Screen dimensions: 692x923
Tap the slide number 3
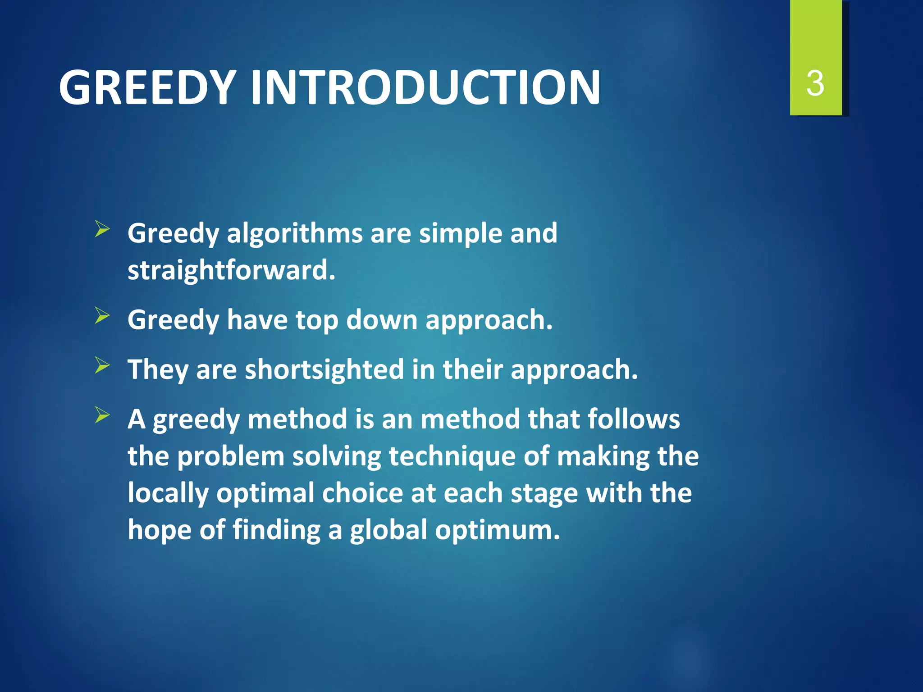point(815,84)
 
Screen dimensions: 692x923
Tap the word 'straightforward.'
point(231,271)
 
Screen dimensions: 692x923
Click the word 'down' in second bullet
point(382,320)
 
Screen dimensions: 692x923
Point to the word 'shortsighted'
point(324,370)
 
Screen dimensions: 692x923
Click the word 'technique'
point(452,456)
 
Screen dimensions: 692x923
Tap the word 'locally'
point(168,493)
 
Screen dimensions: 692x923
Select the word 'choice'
point(362,493)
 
